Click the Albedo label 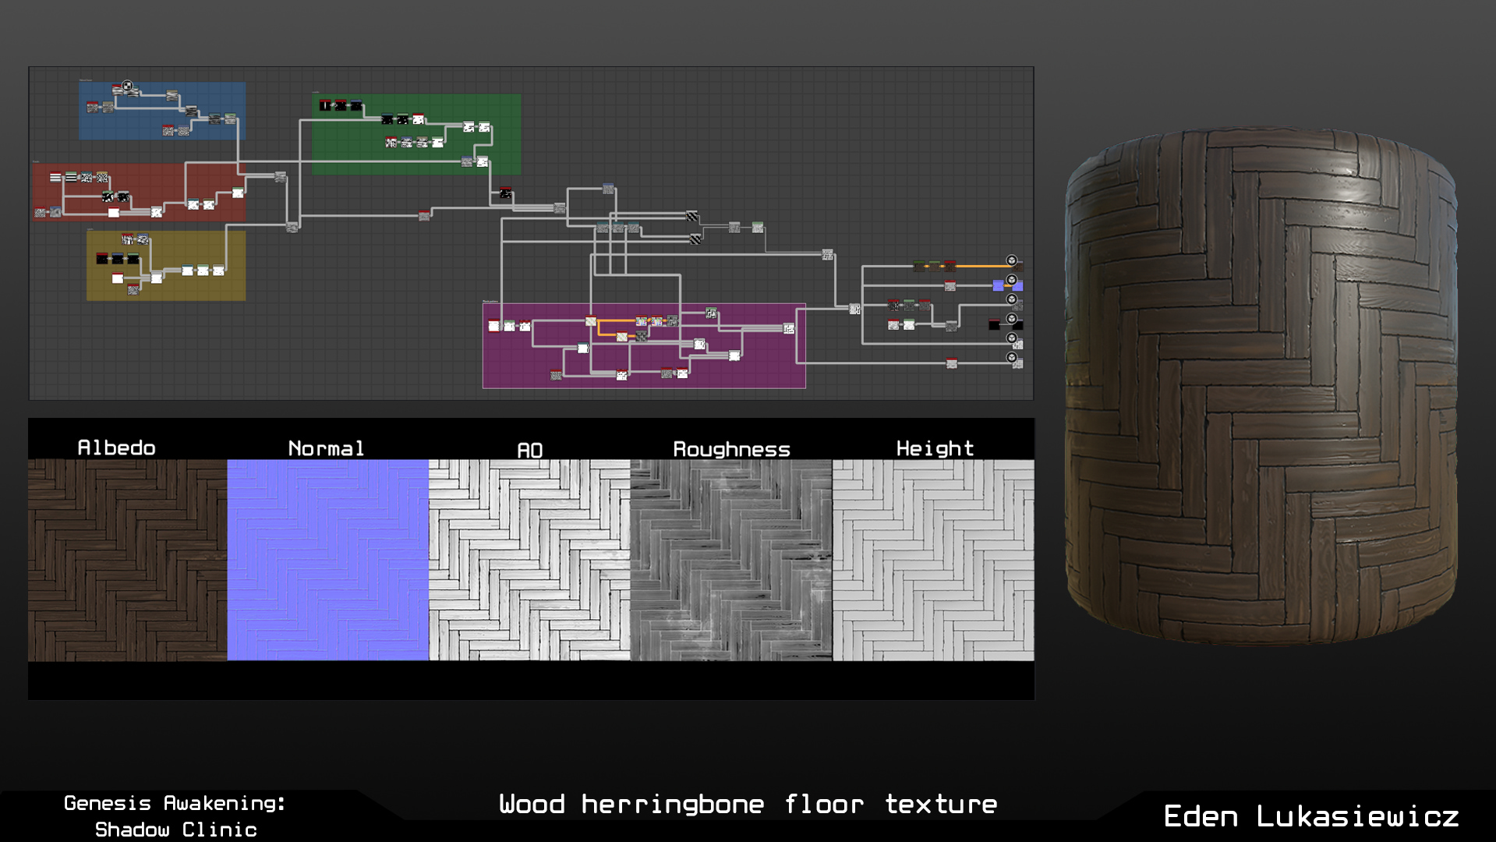116,448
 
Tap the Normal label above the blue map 326,448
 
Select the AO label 529,450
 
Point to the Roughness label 731,449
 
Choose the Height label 935,448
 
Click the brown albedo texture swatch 128,560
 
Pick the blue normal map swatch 328,560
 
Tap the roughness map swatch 731,560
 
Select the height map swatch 933,560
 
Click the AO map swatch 529,560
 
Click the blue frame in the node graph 162,111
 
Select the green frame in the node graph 416,134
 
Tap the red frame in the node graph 139,192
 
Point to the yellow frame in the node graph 166,265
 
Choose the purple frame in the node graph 644,345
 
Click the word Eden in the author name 1201,816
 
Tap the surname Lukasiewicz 1357,816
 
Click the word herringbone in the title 673,804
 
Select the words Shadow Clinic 176,830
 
